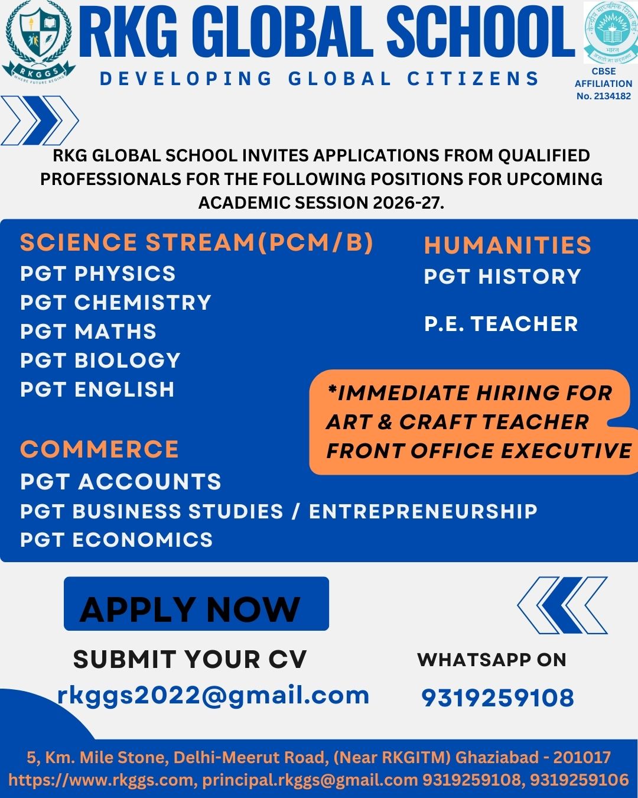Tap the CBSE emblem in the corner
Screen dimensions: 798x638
point(607,32)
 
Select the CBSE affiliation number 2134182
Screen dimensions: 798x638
point(604,96)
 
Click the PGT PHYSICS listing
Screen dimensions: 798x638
point(98,274)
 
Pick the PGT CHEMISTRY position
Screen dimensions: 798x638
point(116,303)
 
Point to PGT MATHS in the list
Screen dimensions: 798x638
point(89,332)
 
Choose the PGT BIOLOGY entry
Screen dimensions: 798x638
point(100,361)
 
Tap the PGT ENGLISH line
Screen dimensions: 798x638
point(97,390)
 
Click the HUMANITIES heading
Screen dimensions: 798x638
point(507,245)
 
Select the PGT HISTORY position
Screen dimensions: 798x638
point(503,277)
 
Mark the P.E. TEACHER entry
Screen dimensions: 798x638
point(501,324)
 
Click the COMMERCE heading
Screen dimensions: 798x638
point(99,450)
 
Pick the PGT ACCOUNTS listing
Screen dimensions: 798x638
point(121,482)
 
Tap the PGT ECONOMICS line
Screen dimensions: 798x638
point(116,540)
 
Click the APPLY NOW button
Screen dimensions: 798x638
point(196,604)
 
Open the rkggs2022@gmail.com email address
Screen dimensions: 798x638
point(213,695)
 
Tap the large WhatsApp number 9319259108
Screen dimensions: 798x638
point(497,698)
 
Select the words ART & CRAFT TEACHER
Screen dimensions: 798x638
point(457,422)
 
